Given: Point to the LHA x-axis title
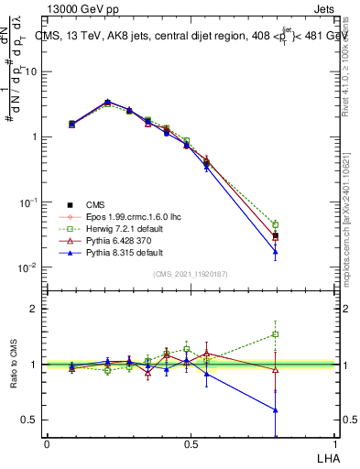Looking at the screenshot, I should coord(325,456).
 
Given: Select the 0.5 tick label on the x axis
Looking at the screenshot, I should coord(191,442).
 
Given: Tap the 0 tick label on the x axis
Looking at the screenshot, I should coord(47,442).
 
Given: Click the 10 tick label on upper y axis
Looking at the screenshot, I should coord(33,71).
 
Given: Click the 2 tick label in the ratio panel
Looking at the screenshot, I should coord(37,309).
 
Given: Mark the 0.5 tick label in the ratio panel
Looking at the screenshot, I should coord(33,420).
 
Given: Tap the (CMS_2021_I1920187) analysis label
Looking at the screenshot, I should coord(190,274).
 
